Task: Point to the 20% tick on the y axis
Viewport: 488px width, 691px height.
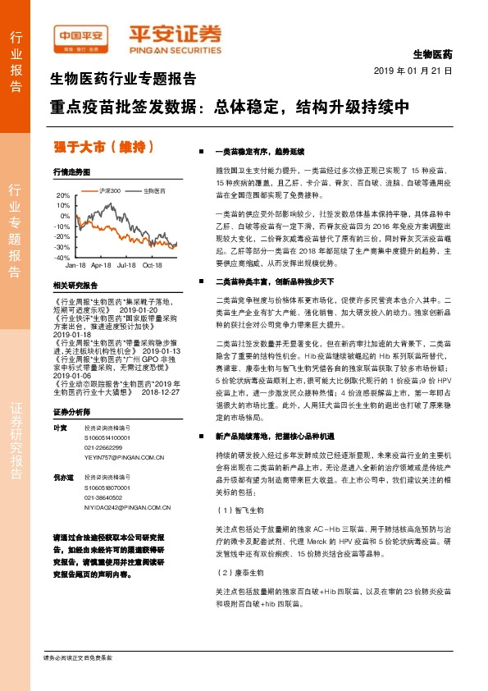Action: pyautogui.click(x=63, y=195)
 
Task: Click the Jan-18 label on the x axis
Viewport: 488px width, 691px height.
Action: pyautogui.click(x=75, y=266)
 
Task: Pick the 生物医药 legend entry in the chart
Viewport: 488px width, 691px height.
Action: pyautogui.click(x=153, y=190)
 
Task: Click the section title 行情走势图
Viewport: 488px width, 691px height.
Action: pyautogui.click(x=71, y=172)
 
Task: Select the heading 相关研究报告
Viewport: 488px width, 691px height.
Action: pyautogui.click(x=75, y=286)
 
